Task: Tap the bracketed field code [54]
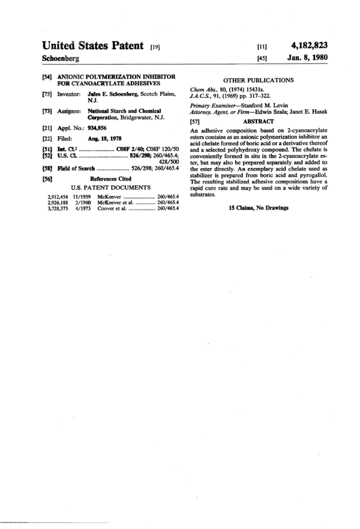(47, 78)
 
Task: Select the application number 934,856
(100, 128)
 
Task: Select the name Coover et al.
(112, 208)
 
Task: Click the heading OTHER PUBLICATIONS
(258, 80)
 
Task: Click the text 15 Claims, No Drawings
(259, 208)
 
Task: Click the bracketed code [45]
(262, 58)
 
